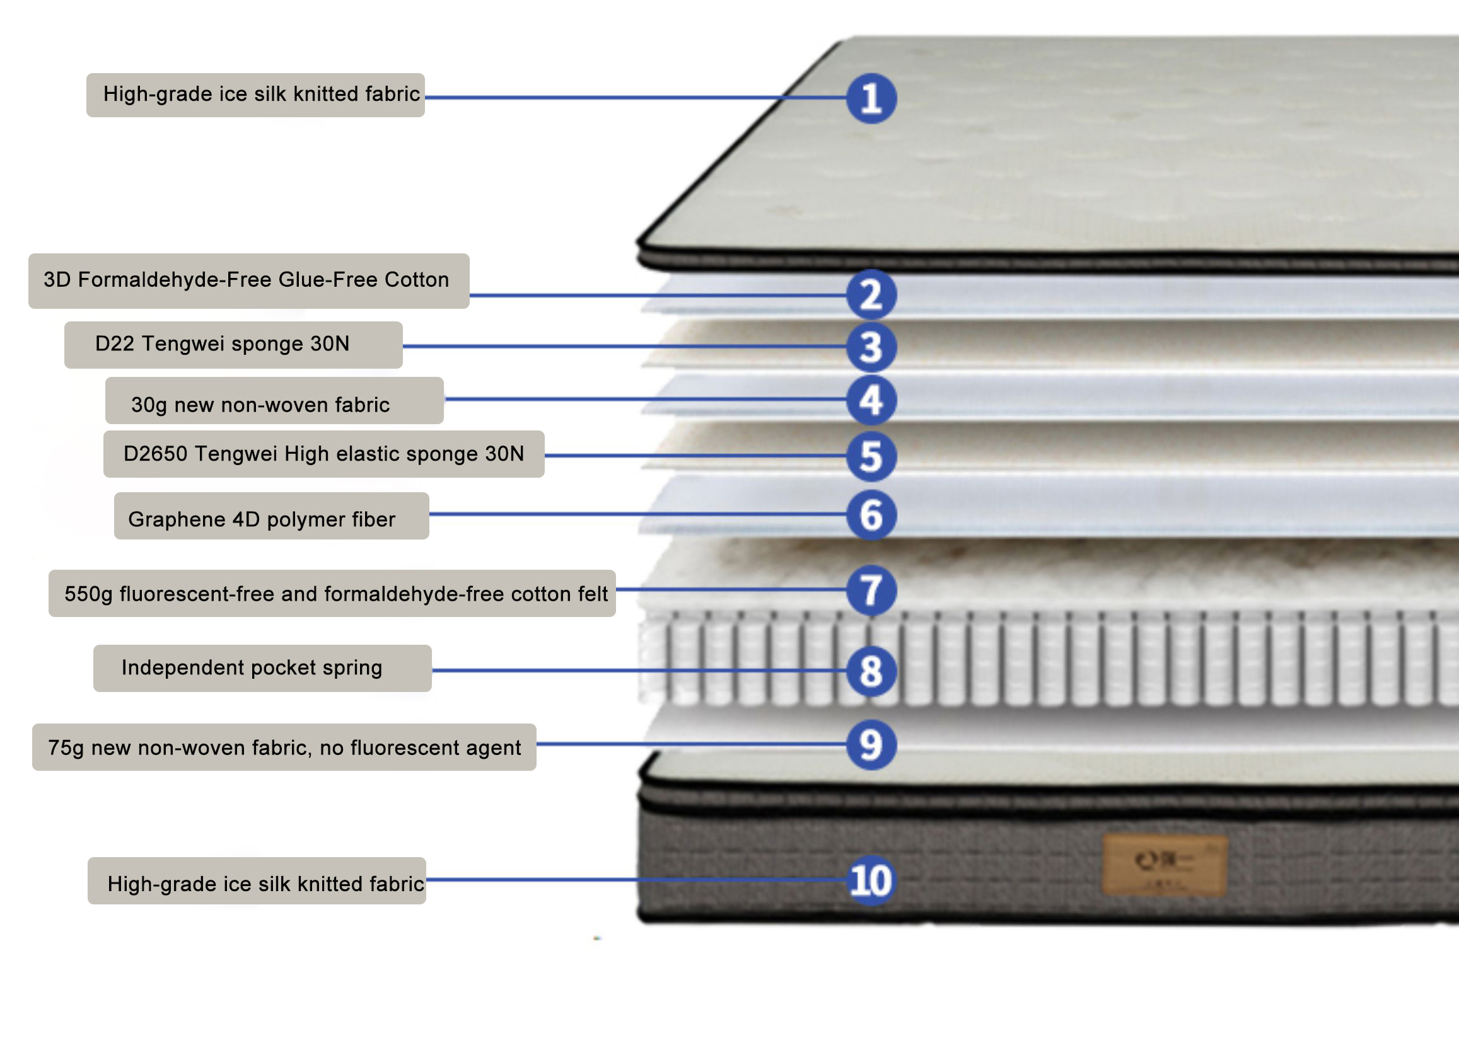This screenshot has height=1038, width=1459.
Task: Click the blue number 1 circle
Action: [871, 98]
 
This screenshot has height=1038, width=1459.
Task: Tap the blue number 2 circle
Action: [871, 295]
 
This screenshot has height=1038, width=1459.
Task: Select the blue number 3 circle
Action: [871, 347]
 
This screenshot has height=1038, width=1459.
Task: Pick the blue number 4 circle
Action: [871, 400]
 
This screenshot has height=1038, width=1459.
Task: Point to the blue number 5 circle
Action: [871, 456]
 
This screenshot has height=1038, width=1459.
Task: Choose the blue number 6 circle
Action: [871, 514]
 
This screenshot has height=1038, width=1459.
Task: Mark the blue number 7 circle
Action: [871, 590]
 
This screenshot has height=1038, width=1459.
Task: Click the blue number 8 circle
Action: [871, 671]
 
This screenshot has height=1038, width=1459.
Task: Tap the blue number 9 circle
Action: [871, 744]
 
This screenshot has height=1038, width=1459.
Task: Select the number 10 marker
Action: [870, 881]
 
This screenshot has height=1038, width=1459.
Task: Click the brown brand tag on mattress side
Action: [1165, 865]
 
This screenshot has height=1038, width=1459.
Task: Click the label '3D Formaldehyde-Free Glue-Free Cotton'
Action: [248, 280]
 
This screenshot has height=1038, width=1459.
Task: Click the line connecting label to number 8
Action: [639, 671]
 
